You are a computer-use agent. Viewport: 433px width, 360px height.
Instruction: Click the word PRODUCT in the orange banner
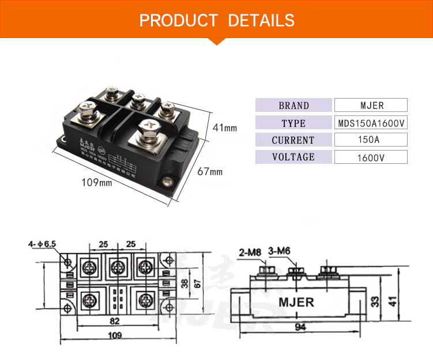tap(178, 21)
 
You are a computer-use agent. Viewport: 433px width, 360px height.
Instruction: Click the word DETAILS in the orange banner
tap(261, 21)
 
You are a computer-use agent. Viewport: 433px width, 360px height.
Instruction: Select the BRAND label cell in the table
tap(293, 106)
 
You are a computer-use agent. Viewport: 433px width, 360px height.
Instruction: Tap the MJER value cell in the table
tap(371, 106)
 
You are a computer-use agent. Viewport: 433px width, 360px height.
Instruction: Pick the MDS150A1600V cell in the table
tap(371, 123)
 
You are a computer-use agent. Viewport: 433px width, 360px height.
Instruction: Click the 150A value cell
tap(371, 140)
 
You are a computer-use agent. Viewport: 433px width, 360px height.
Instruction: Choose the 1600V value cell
tap(371, 157)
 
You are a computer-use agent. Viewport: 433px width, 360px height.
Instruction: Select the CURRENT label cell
tap(293, 140)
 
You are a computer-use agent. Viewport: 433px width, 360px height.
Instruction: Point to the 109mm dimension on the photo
tap(96, 183)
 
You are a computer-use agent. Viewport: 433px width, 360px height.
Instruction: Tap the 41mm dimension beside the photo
tap(224, 127)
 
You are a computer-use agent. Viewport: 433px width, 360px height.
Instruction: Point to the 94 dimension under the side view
tap(300, 328)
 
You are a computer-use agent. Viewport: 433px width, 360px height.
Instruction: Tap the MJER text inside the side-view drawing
tap(296, 302)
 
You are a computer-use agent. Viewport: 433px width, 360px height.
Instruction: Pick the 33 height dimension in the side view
tap(376, 301)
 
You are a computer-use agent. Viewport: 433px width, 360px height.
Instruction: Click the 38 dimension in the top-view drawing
tap(184, 283)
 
